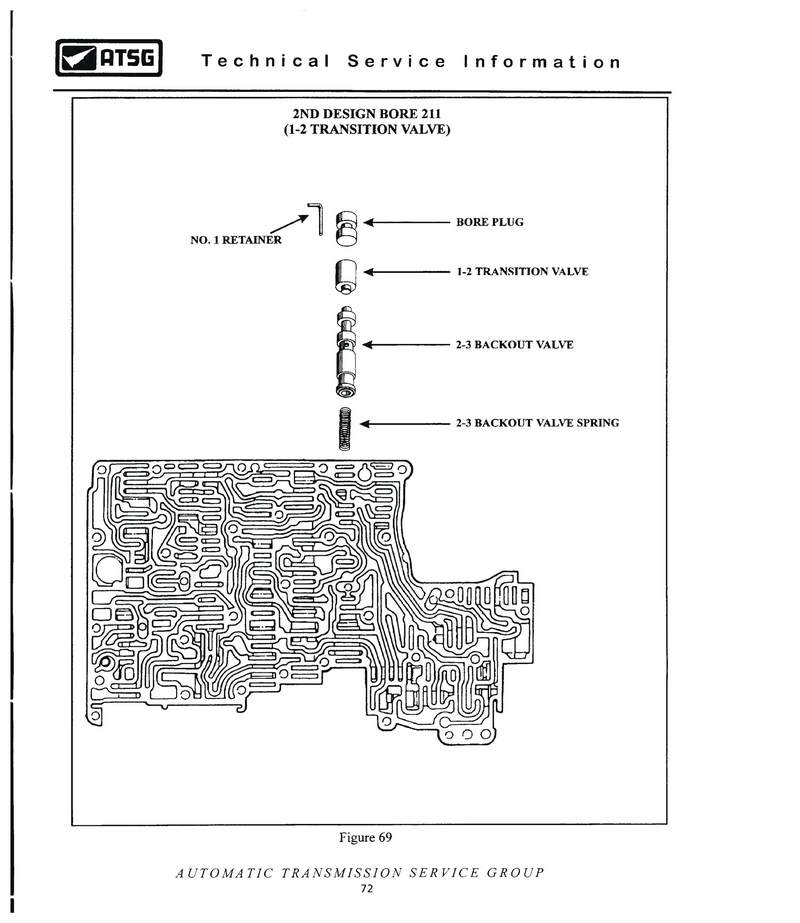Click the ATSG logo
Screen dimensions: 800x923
tap(109, 58)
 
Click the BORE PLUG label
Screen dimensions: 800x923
tap(490, 222)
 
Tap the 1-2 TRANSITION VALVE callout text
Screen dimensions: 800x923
tap(523, 271)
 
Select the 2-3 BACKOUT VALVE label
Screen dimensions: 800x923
tap(514, 344)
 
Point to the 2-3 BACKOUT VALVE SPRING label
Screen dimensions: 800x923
tap(537, 423)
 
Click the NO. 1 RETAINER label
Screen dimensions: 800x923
tap(236, 240)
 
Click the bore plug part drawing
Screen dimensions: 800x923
tap(347, 228)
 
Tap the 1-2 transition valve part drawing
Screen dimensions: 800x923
tap(346, 276)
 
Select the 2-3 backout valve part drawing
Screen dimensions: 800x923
tap(346, 352)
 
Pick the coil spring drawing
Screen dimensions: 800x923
tap(345, 429)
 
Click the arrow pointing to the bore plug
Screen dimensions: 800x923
tap(406, 223)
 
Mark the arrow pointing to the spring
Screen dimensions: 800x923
tap(404, 423)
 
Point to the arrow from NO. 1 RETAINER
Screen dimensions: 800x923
tap(289, 224)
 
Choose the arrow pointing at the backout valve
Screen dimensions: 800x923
tap(406, 344)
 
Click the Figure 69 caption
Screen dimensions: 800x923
tap(366, 838)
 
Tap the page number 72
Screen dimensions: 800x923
tap(367, 888)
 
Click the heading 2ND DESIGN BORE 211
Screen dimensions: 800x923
tap(367, 114)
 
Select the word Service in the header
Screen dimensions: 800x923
tap(397, 61)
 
